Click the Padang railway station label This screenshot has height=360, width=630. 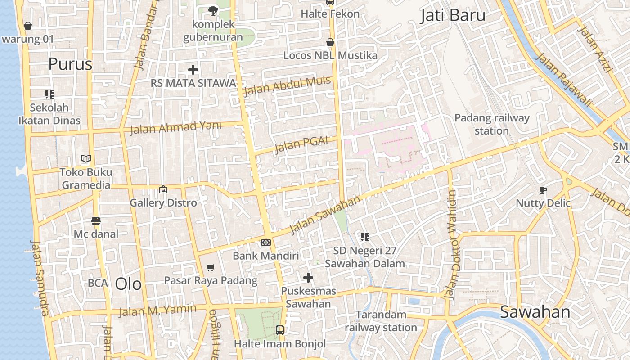click(x=491, y=124)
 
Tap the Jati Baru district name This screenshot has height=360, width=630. click(x=453, y=16)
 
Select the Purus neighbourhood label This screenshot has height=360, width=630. click(x=70, y=64)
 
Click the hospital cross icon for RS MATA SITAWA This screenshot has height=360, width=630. click(x=193, y=70)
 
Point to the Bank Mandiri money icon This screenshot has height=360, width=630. click(x=266, y=243)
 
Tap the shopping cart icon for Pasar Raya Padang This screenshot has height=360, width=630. click(x=210, y=268)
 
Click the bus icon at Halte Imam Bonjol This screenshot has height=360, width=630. click(x=280, y=330)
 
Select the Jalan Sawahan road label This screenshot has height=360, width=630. click(x=325, y=215)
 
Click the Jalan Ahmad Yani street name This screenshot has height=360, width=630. click(x=175, y=127)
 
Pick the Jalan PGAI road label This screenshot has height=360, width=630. click(x=301, y=144)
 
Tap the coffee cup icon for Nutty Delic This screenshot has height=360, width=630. click(x=543, y=190)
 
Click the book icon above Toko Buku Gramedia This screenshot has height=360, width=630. click(x=86, y=158)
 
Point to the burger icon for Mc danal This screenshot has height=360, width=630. click(x=96, y=221)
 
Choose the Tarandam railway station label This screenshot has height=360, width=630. click(x=381, y=321)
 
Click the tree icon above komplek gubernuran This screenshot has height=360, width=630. click(x=213, y=10)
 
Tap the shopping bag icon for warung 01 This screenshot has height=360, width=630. click(x=28, y=26)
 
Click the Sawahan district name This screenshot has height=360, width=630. click(x=535, y=312)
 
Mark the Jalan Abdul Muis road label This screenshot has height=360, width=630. click(x=287, y=86)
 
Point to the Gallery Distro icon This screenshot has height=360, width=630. click(x=163, y=190)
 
